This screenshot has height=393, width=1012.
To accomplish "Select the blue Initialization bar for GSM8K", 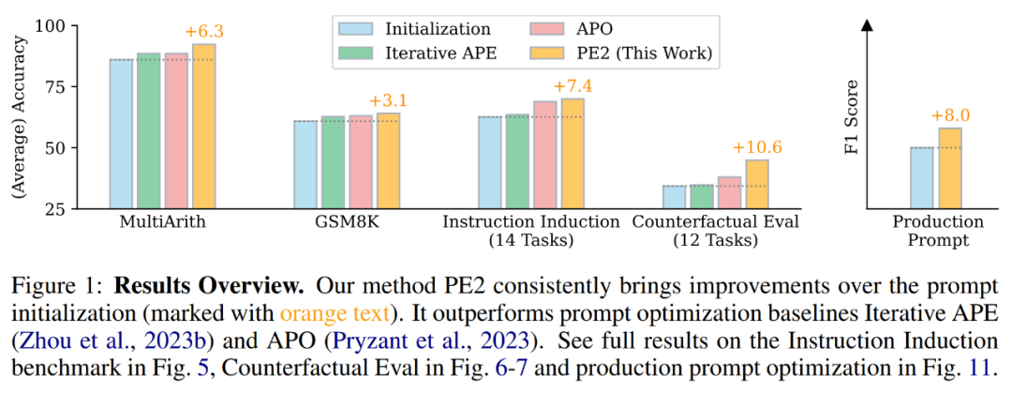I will coord(305,164).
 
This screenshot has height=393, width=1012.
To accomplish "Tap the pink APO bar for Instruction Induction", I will coord(544,155).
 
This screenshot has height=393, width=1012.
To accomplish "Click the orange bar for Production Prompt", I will coord(949,168).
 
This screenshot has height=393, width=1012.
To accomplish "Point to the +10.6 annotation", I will coord(756,147).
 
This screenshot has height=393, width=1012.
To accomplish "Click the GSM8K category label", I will coord(347,222).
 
